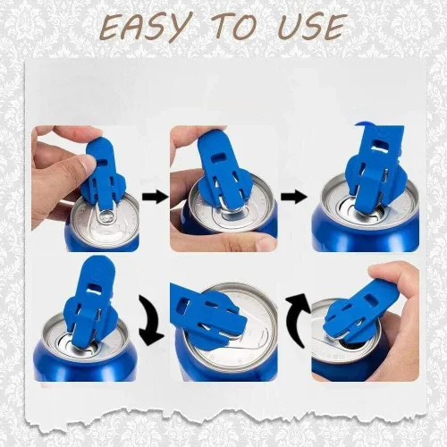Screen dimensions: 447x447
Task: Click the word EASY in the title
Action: pos(144,27)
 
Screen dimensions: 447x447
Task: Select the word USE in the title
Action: pos(308,27)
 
